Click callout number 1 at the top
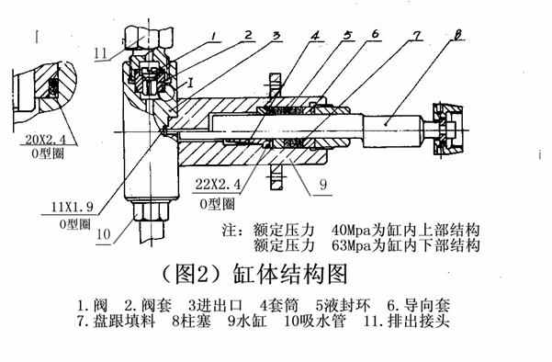pyautogui.click(x=215, y=36)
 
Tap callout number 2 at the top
pyautogui.click(x=248, y=35)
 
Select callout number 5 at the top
pyautogui.click(x=347, y=35)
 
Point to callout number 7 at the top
pyautogui.click(x=416, y=36)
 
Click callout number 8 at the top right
pyautogui.click(x=457, y=35)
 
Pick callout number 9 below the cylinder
pyautogui.click(x=323, y=185)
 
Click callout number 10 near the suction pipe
pyautogui.click(x=104, y=234)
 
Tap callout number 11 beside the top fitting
pyautogui.click(x=100, y=53)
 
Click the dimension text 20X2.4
pyautogui.click(x=45, y=140)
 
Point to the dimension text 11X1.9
pyautogui.click(x=73, y=207)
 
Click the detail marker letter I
pyautogui.click(x=190, y=83)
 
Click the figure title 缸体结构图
pyautogui.click(x=290, y=275)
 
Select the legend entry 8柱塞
pyautogui.click(x=191, y=321)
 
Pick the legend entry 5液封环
pyautogui.click(x=343, y=305)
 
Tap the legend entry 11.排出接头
pyautogui.click(x=407, y=321)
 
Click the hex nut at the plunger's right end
pyautogui.click(x=447, y=130)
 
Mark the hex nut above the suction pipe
pyautogui.click(x=151, y=211)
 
